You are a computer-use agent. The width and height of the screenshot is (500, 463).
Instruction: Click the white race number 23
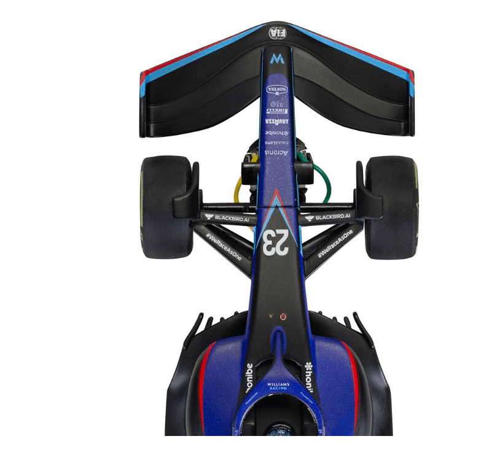(275, 243)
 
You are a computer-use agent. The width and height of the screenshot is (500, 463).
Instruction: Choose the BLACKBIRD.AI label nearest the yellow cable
(229, 217)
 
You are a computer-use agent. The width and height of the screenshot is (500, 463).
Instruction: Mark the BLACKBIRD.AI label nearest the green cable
(326, 217)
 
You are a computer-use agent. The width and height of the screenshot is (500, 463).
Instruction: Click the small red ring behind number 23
(283, 317)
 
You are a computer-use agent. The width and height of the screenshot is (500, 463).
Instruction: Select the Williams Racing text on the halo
(278, 387)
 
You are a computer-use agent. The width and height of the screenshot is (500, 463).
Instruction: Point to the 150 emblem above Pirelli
(277, 103)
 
